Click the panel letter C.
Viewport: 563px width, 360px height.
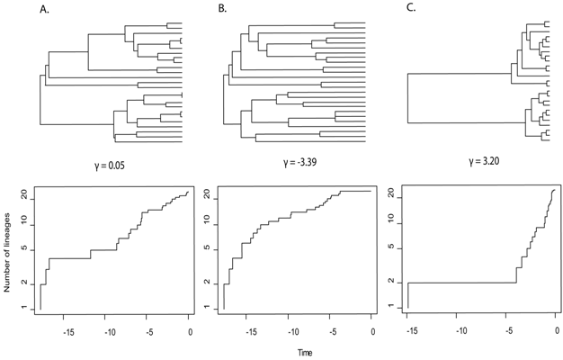[411, 9]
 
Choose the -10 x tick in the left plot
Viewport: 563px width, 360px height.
[109, 331]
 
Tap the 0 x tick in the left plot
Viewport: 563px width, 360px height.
[190, 331]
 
